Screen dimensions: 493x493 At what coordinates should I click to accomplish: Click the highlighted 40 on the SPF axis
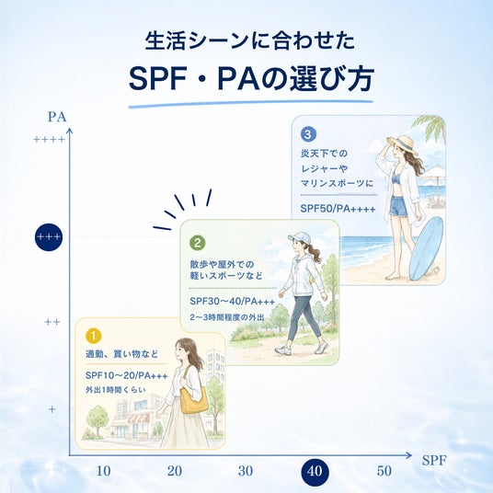[315, 471]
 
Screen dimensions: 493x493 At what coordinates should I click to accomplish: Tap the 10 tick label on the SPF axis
[103, 471]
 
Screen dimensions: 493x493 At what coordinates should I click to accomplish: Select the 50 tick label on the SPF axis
[384, 471]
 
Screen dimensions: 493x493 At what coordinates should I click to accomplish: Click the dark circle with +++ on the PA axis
[49, 237]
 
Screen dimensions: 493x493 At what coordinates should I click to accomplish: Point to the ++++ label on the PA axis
[49, 139]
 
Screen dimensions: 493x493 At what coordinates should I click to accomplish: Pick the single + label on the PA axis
[52, 409]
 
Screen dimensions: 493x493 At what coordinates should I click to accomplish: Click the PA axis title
[57, 117]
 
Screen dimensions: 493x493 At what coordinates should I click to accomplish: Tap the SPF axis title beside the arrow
[434, 460]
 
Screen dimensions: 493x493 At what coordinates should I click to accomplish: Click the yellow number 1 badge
[94, 336]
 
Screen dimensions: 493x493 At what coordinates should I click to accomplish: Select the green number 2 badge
[198, 243]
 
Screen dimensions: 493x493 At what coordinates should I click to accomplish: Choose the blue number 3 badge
[308, 134]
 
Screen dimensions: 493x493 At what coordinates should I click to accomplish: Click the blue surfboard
[427, 248]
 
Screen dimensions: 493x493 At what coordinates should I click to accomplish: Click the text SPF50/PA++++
[338, 209]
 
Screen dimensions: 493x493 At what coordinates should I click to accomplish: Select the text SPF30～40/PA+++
[233, 301]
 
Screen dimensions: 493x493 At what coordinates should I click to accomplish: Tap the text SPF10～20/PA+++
[127, 375]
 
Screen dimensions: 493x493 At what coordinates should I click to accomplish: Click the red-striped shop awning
[138, 418]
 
